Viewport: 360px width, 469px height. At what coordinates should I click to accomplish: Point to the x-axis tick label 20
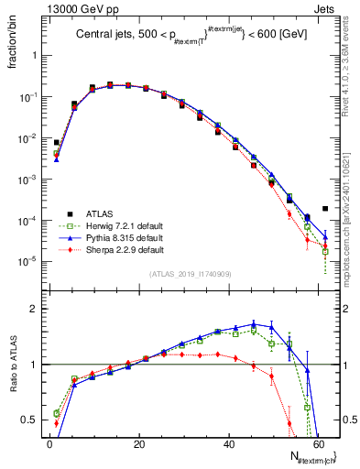(139, 444)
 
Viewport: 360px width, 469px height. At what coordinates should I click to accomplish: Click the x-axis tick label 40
(229, 444)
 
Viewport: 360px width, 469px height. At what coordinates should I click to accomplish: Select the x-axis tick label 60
(319, 444)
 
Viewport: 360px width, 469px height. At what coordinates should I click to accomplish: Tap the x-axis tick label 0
(49, 444)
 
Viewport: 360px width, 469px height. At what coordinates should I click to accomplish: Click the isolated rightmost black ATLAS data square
(325, 209)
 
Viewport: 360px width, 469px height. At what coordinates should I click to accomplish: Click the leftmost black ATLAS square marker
(56, 143)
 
